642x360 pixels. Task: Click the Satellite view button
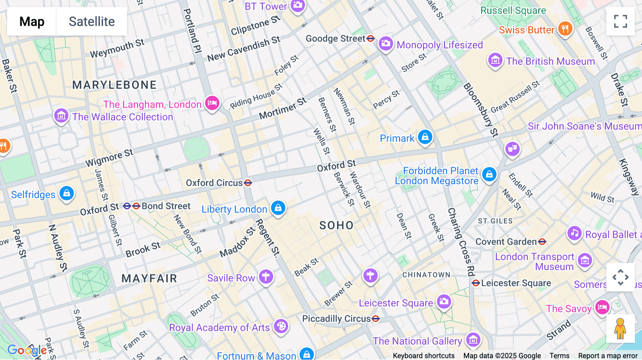tap(92, 21)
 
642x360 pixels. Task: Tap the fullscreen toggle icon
tap(620, 21)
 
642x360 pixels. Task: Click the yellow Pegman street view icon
tap(620, 329)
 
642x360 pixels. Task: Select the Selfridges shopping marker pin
tap(67, 194)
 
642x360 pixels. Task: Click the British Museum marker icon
tap(495, 61)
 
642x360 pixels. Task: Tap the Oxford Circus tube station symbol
tap(248, 183)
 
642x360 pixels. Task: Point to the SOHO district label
tap(336, 225)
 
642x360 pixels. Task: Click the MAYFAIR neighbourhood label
tap(149, 278)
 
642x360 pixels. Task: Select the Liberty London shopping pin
tap(278, 208)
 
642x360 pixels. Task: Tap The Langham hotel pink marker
tap(212, 103)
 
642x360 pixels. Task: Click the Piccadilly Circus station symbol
tap(376, 319)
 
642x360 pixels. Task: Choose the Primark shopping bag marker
tap(425, 137)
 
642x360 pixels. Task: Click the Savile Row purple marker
tap(266, 277)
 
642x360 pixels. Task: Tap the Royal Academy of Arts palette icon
tap(281, 326)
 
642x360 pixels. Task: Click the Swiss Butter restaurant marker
tap(565, 29)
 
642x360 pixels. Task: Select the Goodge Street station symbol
tap(371, 38)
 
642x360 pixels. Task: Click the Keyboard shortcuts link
tap(423, 356)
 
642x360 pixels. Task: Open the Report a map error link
tap(608, 356)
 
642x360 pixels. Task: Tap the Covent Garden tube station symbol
tap(542, 242)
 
